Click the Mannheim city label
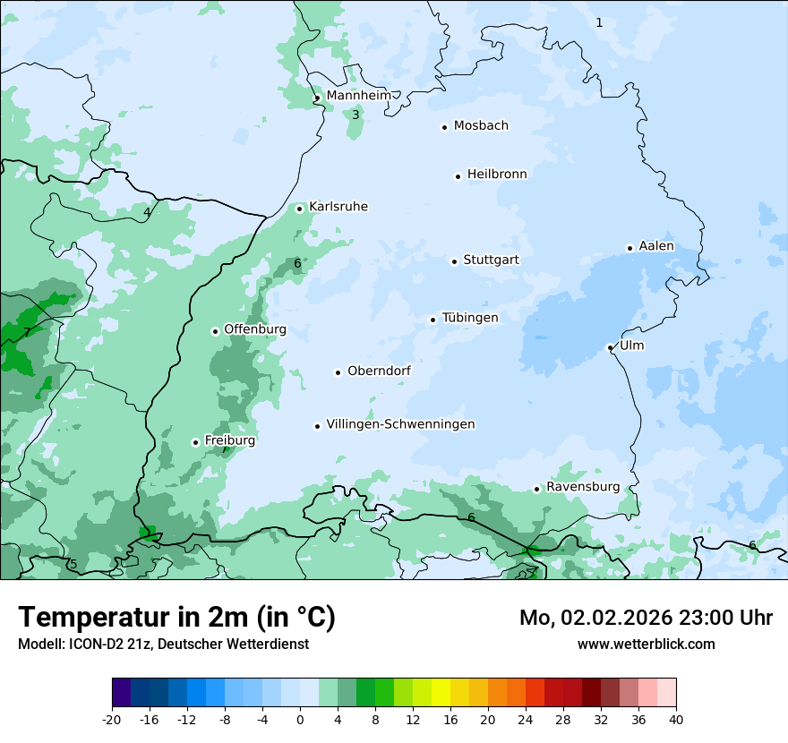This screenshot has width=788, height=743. tap(358, 96)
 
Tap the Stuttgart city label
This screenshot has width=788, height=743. tap(491, 260)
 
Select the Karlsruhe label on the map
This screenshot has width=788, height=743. tap(338, 207)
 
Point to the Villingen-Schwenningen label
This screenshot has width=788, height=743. tap(400, 424)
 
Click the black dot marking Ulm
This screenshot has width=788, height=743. tap(610, 347)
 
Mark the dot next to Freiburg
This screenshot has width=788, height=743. tap(195, 442)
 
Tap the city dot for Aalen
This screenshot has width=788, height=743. tap(630, 248)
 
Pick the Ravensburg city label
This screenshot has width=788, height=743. tap(582, 487)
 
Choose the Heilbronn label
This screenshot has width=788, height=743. tap(497, 175)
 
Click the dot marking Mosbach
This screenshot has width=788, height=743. tap(444, 127)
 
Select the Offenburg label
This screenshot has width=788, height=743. tap(254, 329)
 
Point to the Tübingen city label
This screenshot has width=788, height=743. tap(469, 318)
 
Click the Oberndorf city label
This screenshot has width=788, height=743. tap(379, 371)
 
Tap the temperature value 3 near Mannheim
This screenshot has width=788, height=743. tap(355, 115)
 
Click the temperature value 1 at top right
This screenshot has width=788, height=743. tap(600, 22)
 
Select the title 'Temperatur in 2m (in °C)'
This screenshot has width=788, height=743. tap(176, 618)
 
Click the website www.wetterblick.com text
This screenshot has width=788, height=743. tap(646, 644)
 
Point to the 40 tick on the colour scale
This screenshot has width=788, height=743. tap(675, 720)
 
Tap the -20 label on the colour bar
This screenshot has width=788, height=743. tap(112, 720)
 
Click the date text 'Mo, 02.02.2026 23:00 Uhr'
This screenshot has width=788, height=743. tap(646, 618)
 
